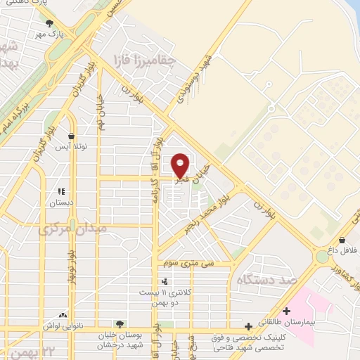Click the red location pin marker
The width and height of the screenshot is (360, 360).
point(180,165)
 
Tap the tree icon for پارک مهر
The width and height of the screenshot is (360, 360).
point(67,23)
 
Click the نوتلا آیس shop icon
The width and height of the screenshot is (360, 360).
point(71,136)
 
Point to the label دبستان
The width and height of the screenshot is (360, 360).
point(61,202)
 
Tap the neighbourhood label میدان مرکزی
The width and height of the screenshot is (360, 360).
point(70,229)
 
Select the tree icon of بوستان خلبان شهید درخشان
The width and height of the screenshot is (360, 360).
point(120,324)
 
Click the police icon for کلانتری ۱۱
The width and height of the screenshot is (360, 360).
point(165,281)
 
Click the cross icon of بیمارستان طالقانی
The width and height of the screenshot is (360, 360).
point(286,311)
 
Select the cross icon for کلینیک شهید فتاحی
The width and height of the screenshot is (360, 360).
point(247,326)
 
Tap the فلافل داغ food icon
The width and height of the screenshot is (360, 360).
point(342,240)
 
